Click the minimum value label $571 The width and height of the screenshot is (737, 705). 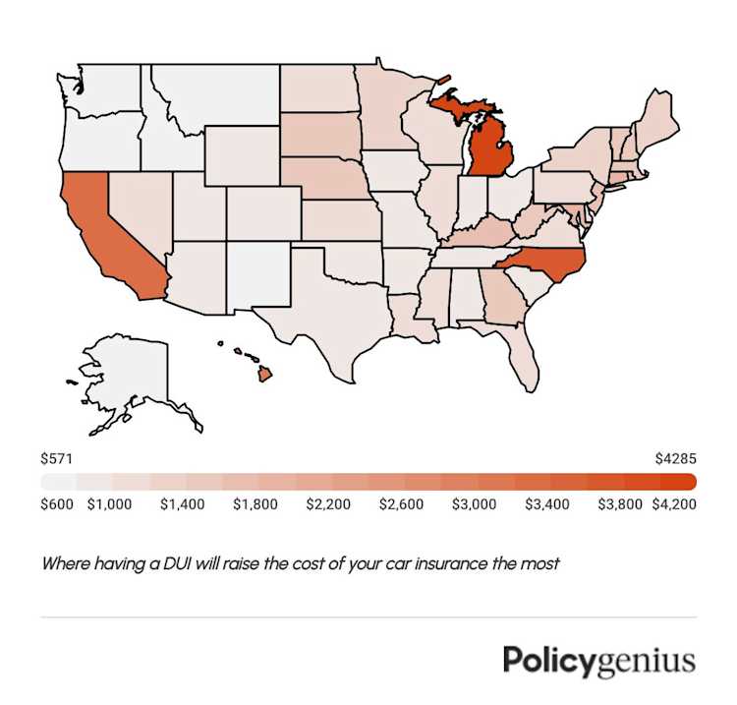pyautogui.click(x=56, y=459)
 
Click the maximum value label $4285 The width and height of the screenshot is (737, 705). pyautogui.click(x=675, y=459)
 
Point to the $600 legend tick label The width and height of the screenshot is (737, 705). pyautogui.click(x=56, y=504)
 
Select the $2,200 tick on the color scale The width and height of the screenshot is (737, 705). pyautogui.click(x=328, y=504)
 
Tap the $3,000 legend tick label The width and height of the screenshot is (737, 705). pyautogui.click(x=474, y=504)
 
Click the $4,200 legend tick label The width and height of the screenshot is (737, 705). pyautogui.click(x=675, y=504)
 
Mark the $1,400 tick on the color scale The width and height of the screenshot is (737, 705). pyautogui.click(x=183, y=504)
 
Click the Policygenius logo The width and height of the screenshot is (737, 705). pyautogui.click(x=598, y=661)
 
